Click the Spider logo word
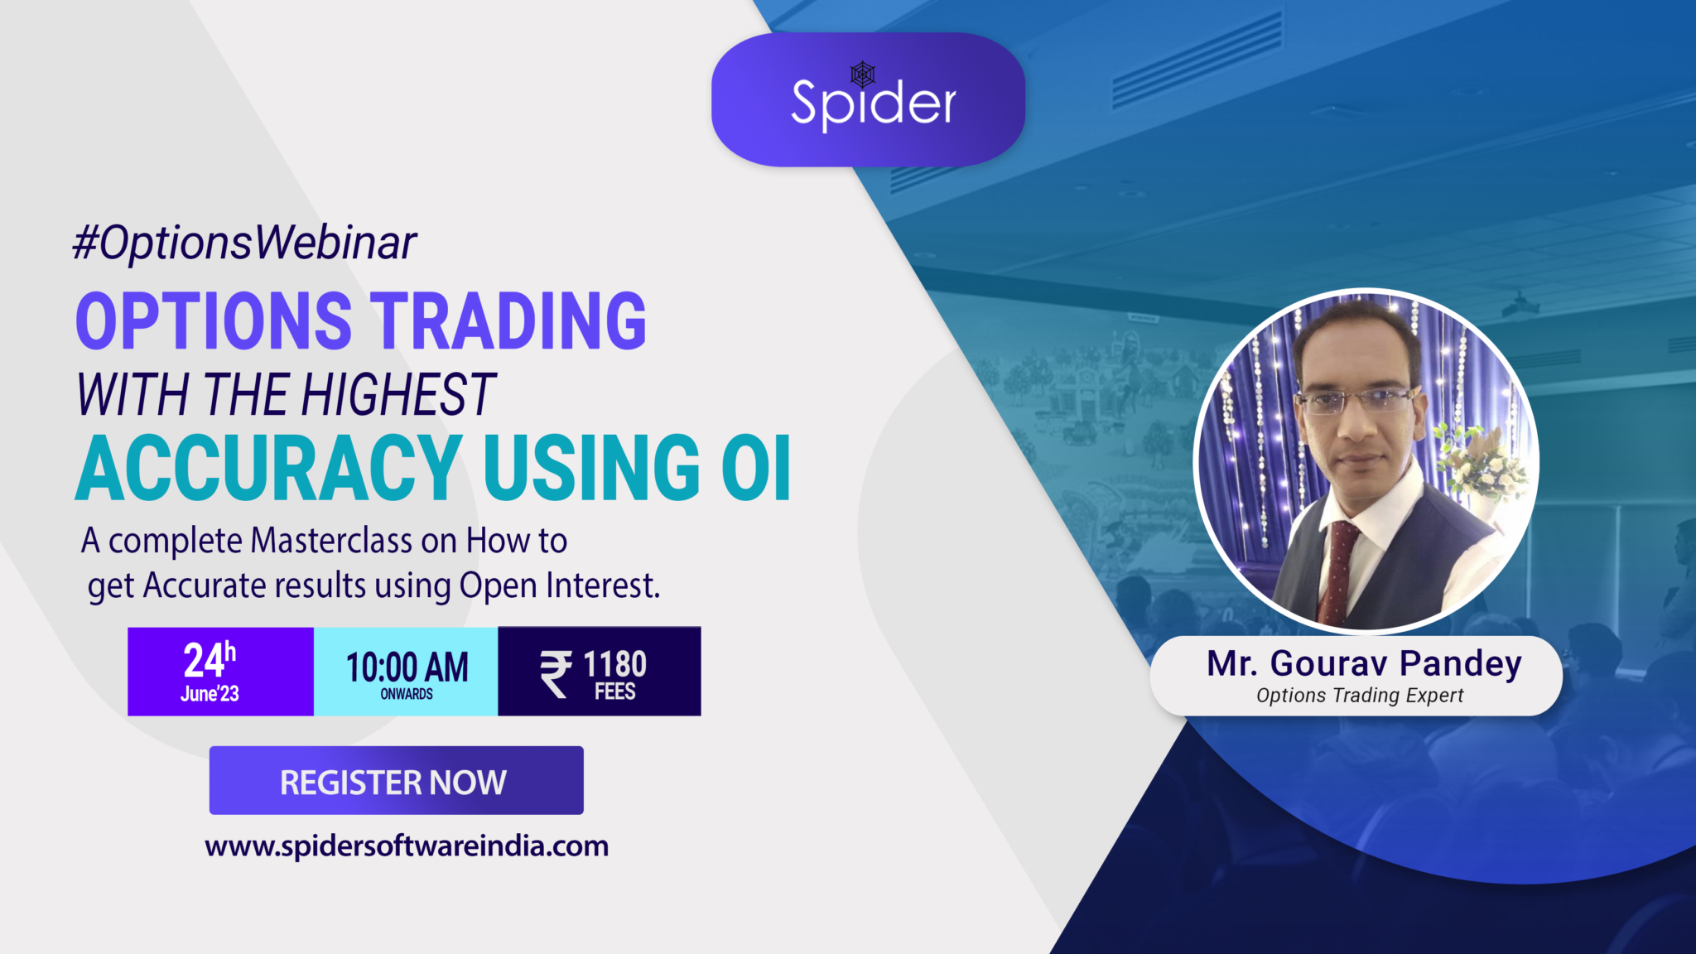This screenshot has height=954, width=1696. (874, 104)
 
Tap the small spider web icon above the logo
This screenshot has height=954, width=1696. (863, 75)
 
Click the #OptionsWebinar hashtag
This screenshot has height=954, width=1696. (244, 243)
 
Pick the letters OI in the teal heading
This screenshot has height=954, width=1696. (756, 468)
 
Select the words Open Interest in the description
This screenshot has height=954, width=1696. (560, 585)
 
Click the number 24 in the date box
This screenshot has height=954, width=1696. (203, 661)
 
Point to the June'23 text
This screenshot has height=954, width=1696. (210, 694)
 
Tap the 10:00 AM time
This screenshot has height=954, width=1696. (407, 667)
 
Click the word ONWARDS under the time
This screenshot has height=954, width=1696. (407, 694)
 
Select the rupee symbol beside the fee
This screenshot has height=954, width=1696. (556, 673)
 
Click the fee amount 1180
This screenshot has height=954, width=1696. (614, 664)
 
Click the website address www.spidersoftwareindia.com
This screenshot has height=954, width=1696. (407, 846)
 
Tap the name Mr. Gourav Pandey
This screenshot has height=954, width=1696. (1364, 664)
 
